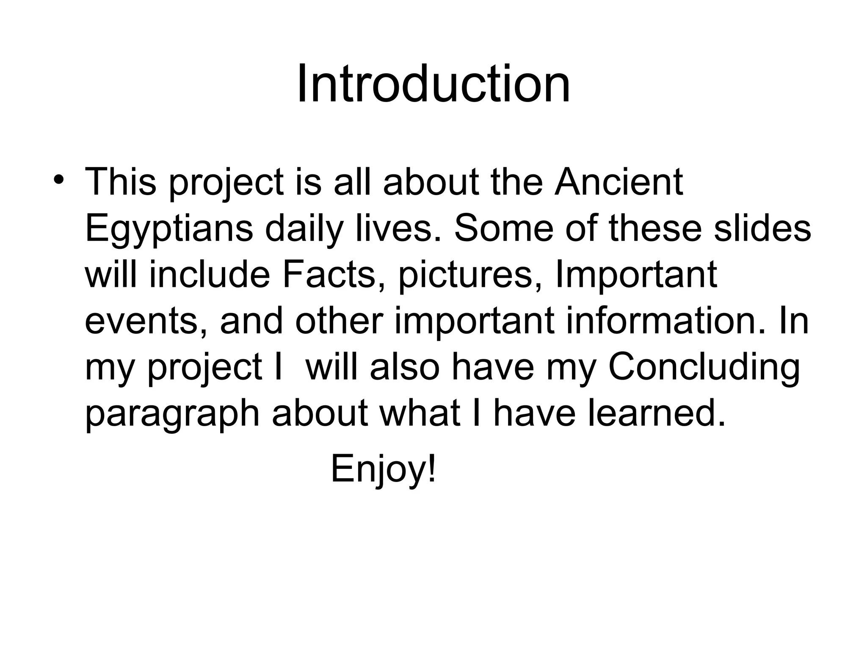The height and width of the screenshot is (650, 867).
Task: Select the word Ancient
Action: (618, 182)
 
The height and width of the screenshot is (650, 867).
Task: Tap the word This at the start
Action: (120, 182)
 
